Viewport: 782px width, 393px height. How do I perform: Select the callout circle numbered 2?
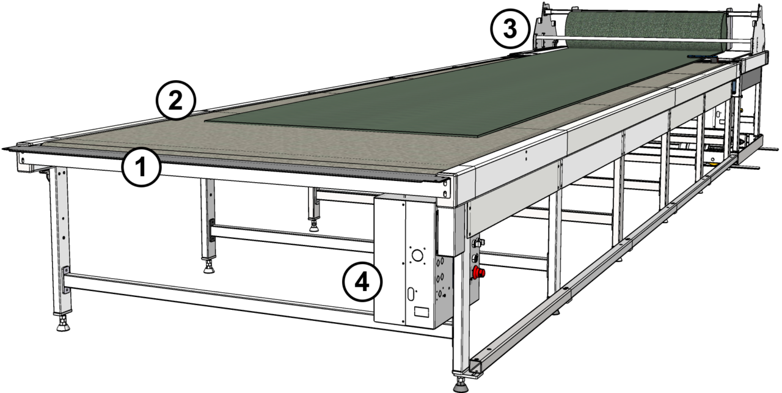(x=176, y=101)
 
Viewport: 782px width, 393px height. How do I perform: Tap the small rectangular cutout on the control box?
(x=420, y=312)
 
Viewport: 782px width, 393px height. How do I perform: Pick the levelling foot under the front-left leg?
(x=62, y=323)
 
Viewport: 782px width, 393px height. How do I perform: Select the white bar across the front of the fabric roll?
(x=641, y=40)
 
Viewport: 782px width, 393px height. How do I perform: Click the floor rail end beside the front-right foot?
(x=475, y=367)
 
